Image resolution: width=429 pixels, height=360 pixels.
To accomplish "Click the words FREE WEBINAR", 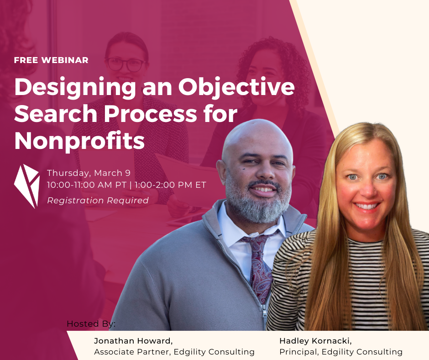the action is [x=51, y=60].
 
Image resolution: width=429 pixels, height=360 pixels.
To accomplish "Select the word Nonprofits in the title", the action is [x=79, y=141].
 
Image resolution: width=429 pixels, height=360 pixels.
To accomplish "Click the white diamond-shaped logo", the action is [x=26, y=186].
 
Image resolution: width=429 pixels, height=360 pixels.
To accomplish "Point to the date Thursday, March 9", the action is [x=89, y=173].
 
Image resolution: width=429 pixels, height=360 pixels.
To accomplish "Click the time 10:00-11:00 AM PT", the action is [x=87, y=185].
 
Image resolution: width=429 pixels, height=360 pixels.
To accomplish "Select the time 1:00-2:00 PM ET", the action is [x=170, y=185].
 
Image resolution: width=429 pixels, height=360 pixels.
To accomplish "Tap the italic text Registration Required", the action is [x=98, y=201].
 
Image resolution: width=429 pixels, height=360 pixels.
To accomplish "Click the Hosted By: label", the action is [x=91, y=324].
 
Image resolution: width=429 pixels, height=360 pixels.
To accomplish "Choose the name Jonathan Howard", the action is [x=133, y=341].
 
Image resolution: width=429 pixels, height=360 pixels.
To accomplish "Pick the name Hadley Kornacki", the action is [x=315, y=341].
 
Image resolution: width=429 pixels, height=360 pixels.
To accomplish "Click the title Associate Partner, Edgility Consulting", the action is [x=174, y=352].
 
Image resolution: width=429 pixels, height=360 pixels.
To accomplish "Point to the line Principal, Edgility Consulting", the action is [x=341, y=352].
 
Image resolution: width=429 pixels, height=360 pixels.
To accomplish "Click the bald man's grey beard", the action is [x=257, y=203].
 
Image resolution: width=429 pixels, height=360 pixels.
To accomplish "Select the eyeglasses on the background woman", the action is [x=126, y=64].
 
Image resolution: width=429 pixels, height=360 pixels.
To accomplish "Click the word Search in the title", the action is [x=56, y=114].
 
